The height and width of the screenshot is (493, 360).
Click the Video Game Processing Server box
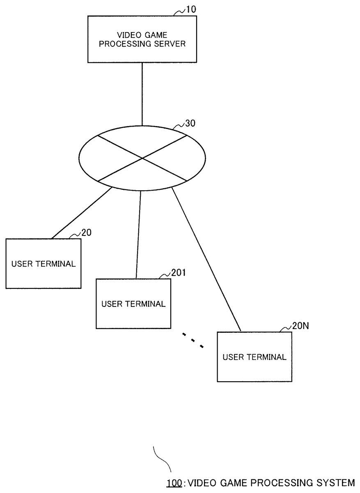(142, 39)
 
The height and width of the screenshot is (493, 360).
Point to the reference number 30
(190, 122)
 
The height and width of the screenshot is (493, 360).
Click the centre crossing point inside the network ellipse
(142, 158)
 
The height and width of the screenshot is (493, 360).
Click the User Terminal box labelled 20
(43, 263)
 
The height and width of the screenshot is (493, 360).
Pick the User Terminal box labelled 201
(133, 304)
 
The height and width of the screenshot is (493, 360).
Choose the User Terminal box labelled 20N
(255, 357)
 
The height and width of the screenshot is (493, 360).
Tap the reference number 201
(178, 272)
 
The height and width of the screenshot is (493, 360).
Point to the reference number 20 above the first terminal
(86, 233)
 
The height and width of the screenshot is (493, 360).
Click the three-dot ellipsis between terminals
(193, 340)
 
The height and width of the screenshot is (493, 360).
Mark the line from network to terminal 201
(138, 234)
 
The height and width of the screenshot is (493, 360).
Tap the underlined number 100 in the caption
(174, 482)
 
